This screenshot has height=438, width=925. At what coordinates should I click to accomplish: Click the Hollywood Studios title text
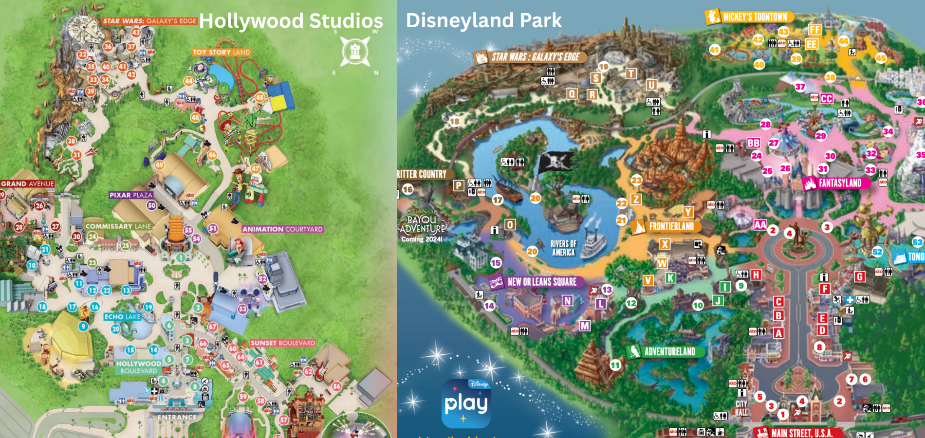(x=291, y=21)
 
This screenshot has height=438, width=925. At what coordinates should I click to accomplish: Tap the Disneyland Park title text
(x=483, y=20)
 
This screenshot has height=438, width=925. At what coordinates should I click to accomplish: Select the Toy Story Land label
(x=221, y=52)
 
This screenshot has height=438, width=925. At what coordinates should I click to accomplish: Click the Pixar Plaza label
(x=131, y=195)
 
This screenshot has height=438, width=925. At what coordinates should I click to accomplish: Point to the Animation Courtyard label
(x=282, y=229)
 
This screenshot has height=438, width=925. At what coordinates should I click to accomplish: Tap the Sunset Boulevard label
(x=282, y=343)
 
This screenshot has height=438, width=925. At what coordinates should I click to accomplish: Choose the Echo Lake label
(x=122, y=316)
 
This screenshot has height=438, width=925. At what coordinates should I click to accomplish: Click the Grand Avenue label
(x=27, y=183)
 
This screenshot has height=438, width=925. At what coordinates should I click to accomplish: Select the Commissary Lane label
(x=118, y=226)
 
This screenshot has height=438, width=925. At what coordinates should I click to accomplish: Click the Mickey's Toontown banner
(x=750, y=17)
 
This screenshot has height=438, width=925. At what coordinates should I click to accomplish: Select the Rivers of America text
(x=563, y=248)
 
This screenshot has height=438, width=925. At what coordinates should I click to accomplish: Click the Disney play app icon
(x=466, y=403)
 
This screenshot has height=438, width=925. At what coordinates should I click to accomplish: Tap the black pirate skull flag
(x=556, y=162)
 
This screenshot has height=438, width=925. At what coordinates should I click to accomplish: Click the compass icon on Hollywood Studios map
(x=355, y=52)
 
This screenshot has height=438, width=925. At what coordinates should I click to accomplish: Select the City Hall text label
(x=741, y=408)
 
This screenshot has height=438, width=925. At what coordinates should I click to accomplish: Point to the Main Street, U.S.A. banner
(x=795, y=433)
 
